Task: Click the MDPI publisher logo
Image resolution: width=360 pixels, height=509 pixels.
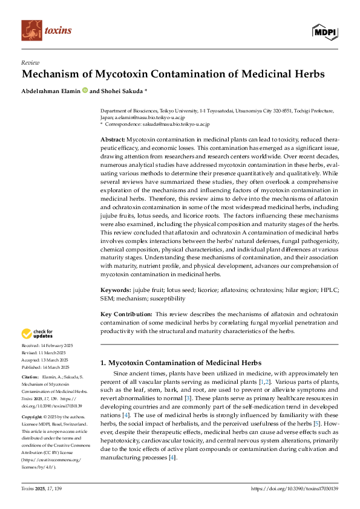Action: pyautogui.click(x=325, y=32)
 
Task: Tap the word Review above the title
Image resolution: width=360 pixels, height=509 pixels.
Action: pyautogui.click(x=30, y=62)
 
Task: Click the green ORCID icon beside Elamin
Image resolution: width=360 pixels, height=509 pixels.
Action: pyautogui.click(x=85, y=91)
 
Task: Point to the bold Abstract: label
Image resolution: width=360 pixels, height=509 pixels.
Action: pyautogui.click(x=113, y=139)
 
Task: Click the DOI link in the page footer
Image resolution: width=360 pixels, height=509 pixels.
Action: pyautogui.click(x=294, y=488)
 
